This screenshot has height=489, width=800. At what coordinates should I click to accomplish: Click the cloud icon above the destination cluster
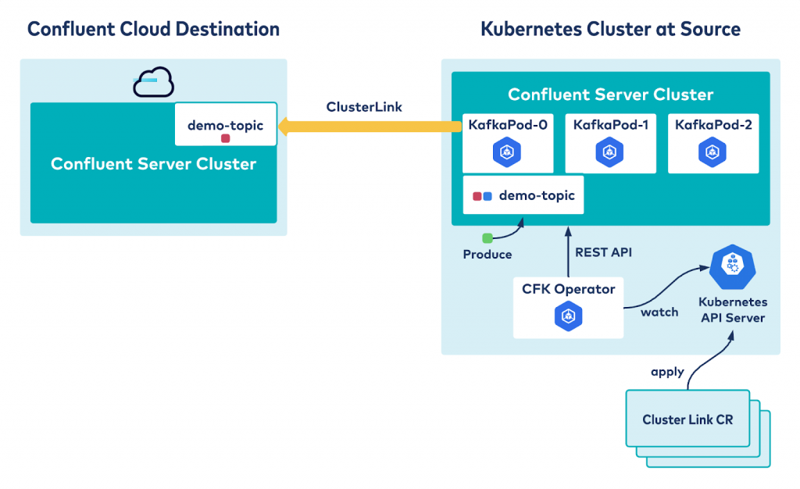153,82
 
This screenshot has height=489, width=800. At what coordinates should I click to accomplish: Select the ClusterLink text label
364,107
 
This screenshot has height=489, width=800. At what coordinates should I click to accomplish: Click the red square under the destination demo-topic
225,138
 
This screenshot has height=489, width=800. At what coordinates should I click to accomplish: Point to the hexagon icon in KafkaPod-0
506,152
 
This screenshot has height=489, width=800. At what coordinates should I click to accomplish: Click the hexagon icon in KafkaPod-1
609,152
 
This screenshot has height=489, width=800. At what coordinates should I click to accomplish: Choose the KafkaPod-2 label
712,124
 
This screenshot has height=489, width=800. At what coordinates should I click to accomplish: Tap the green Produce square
487,238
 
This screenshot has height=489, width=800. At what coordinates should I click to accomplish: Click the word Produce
487,255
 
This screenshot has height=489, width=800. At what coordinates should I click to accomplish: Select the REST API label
603,252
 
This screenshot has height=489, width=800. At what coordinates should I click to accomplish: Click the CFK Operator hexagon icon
568,316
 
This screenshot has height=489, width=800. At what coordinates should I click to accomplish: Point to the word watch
659,312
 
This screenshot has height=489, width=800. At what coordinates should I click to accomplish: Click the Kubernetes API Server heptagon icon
732,267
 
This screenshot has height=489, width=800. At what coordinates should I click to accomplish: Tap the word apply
667,372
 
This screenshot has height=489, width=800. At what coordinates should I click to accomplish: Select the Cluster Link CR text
687,419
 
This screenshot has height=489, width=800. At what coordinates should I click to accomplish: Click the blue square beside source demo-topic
487,196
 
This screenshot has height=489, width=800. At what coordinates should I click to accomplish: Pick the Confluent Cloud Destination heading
153,30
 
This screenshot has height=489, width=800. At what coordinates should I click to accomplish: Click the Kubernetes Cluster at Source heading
610,30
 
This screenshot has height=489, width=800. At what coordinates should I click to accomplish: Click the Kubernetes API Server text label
732,309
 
